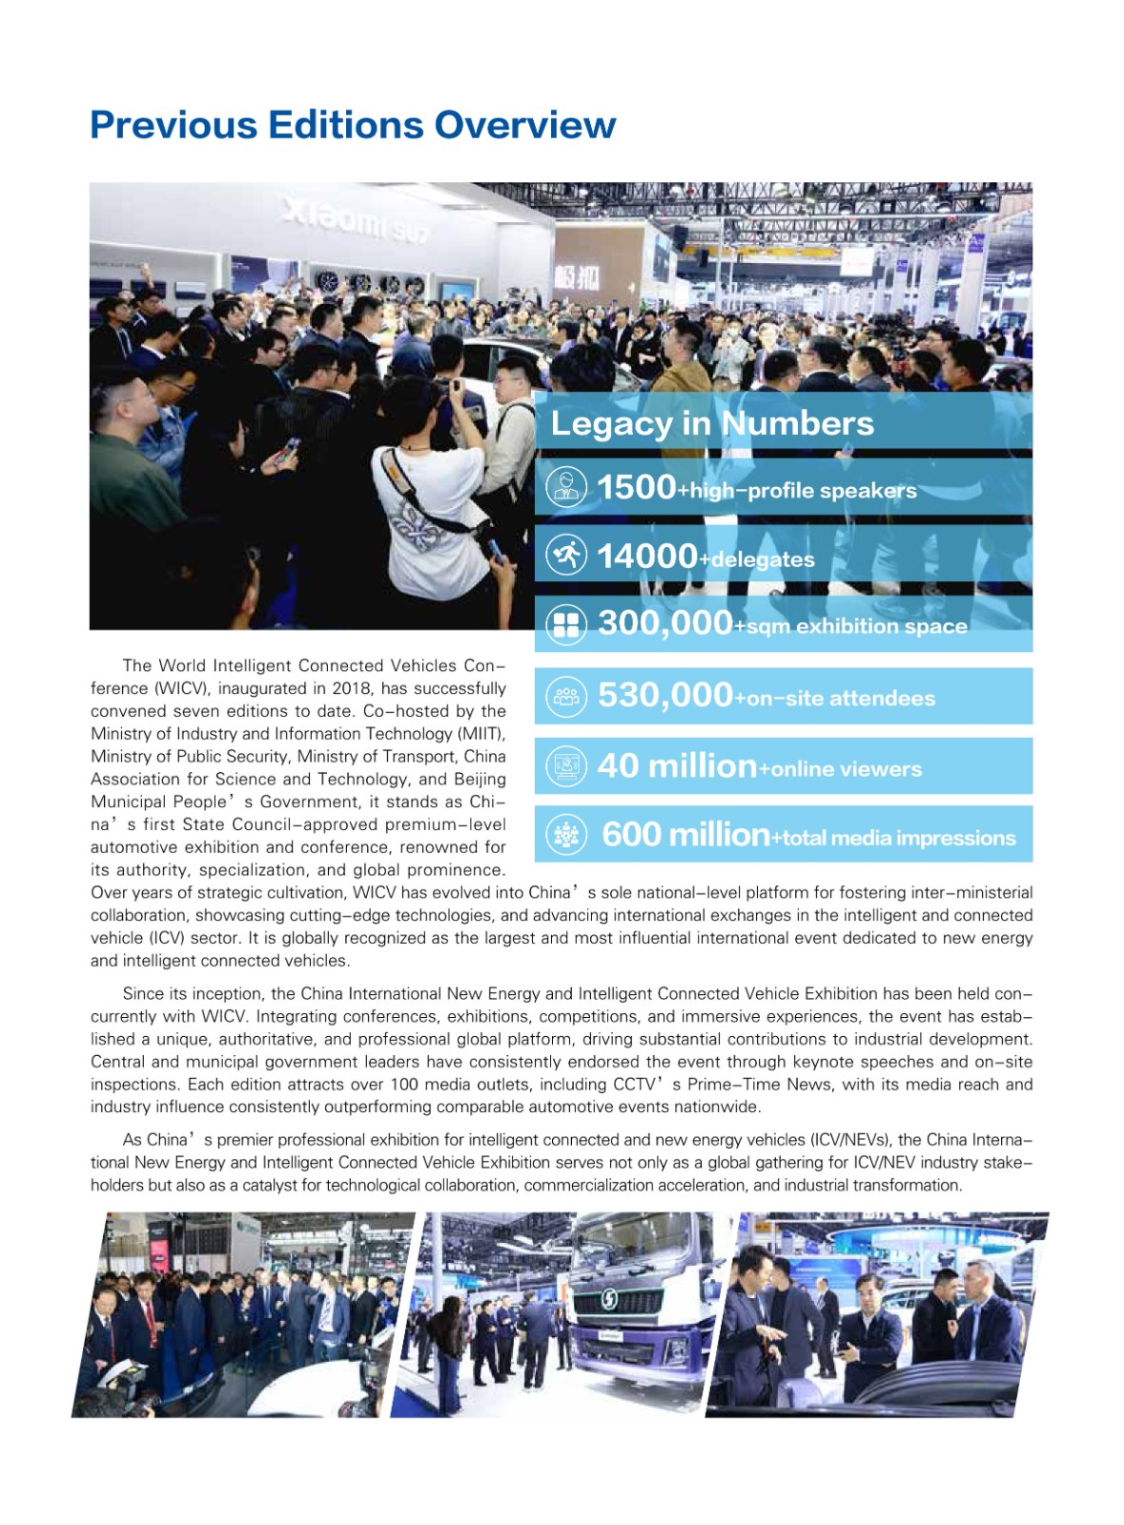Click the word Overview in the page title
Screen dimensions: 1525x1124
(524, 125)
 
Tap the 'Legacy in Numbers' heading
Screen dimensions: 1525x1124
(711, 423)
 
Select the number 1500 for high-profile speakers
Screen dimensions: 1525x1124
(636, 487)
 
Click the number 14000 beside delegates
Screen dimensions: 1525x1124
(646, 556)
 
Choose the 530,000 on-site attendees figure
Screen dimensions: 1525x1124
(664, 695)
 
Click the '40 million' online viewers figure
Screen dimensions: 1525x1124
(676, 765)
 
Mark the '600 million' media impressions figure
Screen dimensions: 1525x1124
(685, 835)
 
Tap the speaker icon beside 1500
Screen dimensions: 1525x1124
(566, 486)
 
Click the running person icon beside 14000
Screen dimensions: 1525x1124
(566, 555)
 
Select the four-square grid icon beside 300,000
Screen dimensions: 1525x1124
(566, 624)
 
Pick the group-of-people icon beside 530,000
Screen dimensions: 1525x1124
(566, 696)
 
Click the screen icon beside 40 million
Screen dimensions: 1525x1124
(566, 766)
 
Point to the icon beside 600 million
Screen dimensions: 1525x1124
(566, 835)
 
